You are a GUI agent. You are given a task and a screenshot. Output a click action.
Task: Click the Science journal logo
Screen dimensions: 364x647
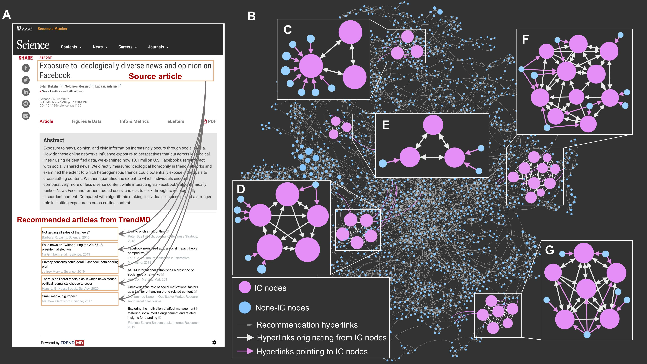coord(33,45)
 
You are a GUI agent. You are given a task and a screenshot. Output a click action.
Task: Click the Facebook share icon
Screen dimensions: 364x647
coord(26,68)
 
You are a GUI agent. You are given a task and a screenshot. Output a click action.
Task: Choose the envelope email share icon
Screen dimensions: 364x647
coord(26,116)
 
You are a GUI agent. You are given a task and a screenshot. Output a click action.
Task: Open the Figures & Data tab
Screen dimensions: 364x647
coord(86,121)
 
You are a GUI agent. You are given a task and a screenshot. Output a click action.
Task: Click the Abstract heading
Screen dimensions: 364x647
coord(54,140)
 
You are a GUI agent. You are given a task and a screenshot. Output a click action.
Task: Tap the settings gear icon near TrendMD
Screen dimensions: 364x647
coord(214,342)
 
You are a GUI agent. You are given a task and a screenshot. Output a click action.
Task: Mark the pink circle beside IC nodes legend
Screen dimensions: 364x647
coord(245,287)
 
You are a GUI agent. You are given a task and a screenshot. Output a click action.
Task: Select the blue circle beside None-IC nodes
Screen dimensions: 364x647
coord(245,307)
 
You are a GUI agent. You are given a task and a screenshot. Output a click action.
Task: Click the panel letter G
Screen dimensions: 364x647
coord(550,250)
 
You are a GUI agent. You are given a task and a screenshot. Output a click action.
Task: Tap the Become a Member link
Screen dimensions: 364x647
coord(53,29)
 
